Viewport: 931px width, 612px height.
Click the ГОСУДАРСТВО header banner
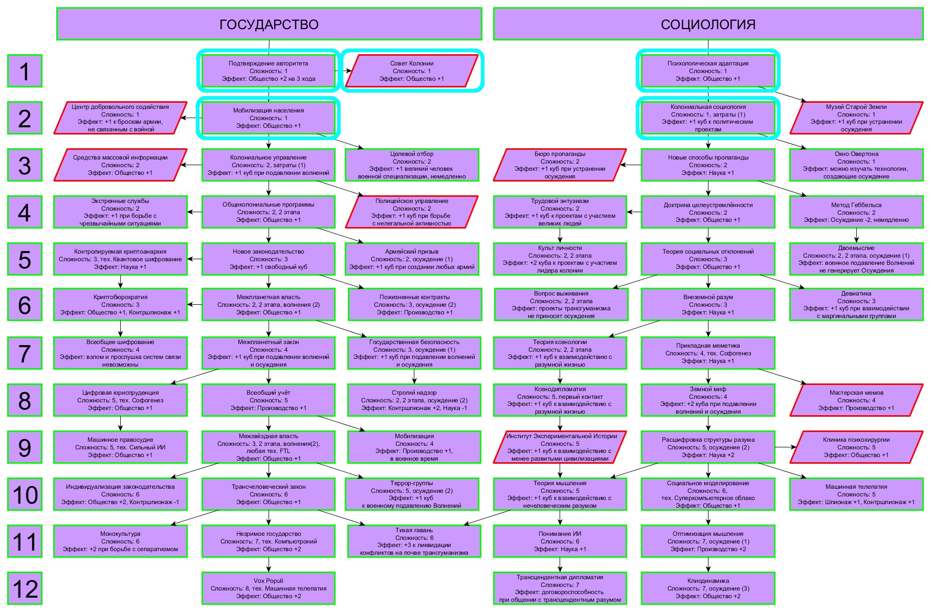point(269,24)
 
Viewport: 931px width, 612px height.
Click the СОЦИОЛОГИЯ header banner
point(708,24)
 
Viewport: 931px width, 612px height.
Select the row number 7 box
point(25,353)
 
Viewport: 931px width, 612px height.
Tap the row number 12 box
point(25,588)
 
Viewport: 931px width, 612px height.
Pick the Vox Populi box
point(269,588)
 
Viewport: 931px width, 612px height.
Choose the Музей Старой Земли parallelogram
point(856,118)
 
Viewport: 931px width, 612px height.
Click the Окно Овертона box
point(856,165)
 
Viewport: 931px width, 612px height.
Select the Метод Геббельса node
point(856,212)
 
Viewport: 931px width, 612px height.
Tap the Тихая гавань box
point(414,541)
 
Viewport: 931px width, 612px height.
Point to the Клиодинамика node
point(708,588)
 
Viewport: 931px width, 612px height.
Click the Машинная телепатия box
point(856,494)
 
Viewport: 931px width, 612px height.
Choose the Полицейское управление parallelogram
point(412,212)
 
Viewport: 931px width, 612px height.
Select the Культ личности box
point(560,259)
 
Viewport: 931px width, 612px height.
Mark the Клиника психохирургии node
point(856,447)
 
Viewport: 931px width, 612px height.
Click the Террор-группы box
point(412,494)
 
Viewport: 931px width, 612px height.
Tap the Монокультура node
point(120,541)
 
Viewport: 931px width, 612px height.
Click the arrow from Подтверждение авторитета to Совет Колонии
point(344,71)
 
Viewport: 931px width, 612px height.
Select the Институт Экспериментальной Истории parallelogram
point(560,447)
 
